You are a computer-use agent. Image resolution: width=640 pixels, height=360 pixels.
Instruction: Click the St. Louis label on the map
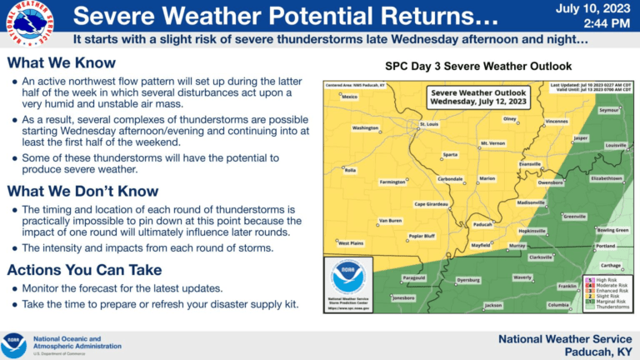pos(428,124)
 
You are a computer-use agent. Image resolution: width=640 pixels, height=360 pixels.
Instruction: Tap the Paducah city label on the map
pos(482,223)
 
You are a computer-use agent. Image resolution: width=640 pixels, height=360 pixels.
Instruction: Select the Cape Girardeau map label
pos(432,204)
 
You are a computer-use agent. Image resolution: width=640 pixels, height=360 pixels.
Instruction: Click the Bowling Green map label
pos(612,229)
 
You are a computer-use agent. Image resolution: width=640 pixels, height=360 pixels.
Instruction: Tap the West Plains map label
pos(351,242)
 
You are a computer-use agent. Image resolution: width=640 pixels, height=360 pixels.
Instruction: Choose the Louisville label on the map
pos(615,145)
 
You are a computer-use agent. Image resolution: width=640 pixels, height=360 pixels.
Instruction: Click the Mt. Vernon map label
pos(492,143)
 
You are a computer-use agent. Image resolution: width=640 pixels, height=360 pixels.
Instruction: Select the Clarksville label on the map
pos(540,257)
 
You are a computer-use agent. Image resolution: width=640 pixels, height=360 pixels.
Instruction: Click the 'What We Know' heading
pos(62,63)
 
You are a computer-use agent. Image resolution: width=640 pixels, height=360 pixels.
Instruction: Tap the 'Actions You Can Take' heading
pos(84,270)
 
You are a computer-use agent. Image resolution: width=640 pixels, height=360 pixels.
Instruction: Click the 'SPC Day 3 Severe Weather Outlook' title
pos(477,66)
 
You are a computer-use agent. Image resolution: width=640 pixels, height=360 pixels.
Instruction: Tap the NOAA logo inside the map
pos(348,277)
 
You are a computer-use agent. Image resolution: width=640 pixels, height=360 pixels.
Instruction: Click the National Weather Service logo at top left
pos(27,22)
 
